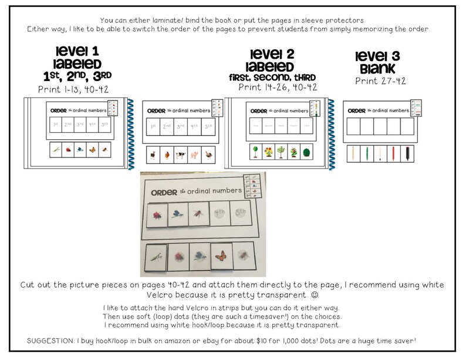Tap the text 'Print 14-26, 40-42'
tap(278, 87)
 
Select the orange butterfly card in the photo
tap(222, 256)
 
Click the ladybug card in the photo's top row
tap(156, 214)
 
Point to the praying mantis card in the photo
tap(156, 257)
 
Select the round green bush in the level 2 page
tap(304, 152)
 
